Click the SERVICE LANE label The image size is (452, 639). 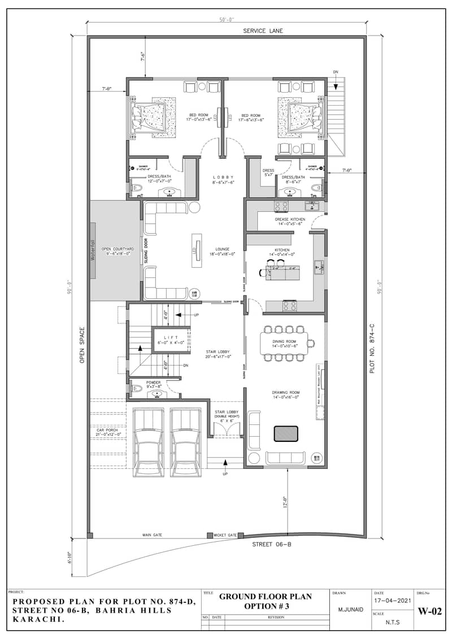[263, 31]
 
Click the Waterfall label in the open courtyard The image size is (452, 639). [94, 250]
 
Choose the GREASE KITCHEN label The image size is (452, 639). [290, 219]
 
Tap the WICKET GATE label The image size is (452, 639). [225, 535]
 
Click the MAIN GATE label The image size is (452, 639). [152, 534]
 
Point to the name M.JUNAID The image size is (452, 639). [350, 610]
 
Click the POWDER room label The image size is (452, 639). [154, 382]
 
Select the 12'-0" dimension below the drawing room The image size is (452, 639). [285, 502]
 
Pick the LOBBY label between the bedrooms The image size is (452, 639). [223, 177]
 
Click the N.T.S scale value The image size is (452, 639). [390, 621]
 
